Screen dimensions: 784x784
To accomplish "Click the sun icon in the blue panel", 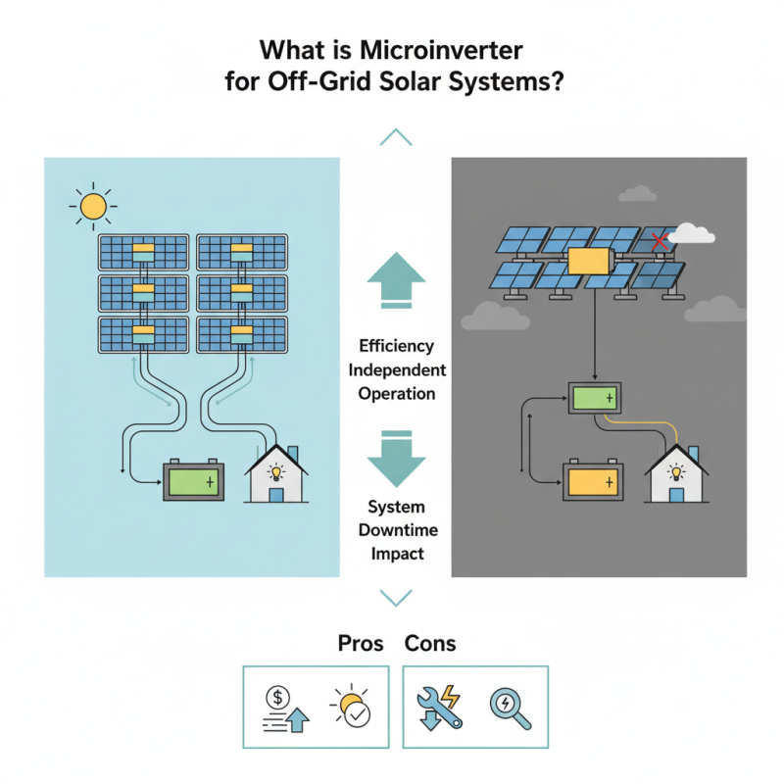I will [93, 206].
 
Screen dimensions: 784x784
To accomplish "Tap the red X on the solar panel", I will [661, 240].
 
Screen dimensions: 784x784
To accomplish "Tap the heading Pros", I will [361, 644].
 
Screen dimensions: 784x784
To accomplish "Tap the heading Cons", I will [430, 644].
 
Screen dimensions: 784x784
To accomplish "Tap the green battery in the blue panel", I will [193, 482].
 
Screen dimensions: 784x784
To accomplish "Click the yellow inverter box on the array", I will [589, 262].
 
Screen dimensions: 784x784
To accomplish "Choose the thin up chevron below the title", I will [395, 137].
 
